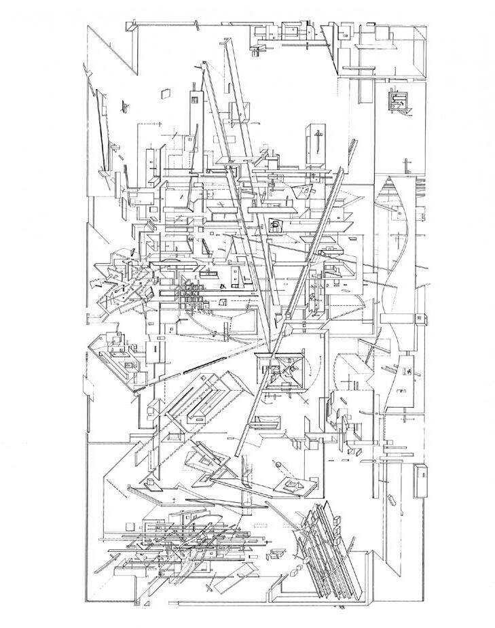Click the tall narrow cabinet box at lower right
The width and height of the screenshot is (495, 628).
tap(422, 481)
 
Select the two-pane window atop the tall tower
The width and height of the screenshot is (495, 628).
tap(196, 100)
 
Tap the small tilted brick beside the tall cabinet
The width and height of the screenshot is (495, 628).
tap(392, 501)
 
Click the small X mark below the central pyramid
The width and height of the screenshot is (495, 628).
tap(305, 402)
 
